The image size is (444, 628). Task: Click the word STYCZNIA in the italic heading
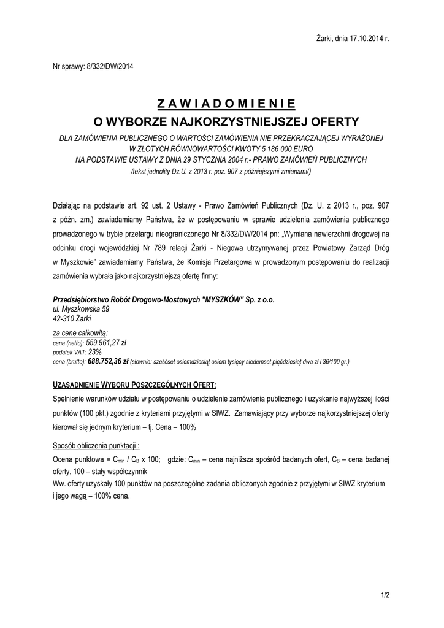pyautogui.click(x=210, y=159)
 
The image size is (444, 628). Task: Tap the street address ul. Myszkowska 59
pyautogui.click(x=82, y=309)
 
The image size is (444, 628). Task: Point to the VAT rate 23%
pyautogui.click(x=95, y=352)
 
